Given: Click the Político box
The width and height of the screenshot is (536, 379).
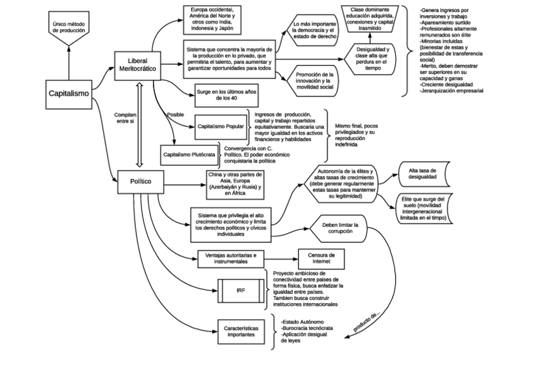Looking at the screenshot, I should (x=140, y=181).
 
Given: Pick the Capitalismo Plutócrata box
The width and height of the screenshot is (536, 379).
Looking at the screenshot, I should (x=188, y=154).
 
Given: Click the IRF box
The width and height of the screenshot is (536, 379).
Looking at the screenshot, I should (x=241, y=290).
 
